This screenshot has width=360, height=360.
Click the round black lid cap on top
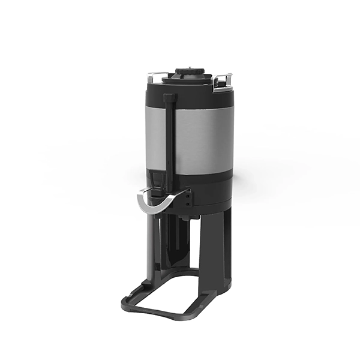click(x=187, y=73)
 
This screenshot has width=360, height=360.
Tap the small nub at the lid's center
click(x=187, y=68)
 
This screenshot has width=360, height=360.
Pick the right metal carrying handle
click(x=223, y=79)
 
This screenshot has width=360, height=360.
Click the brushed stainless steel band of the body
click(x=201, y=141)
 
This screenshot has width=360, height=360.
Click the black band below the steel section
click(x=207, y=183)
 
